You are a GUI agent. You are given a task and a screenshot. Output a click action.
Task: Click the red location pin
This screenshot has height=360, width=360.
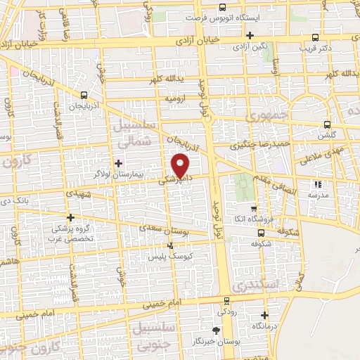(x=181, y=165)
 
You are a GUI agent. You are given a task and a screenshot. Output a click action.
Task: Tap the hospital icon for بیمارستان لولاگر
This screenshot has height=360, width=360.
(x=117, y=163)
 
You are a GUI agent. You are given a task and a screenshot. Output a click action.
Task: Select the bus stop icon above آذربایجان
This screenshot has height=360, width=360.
(x=84, y=95)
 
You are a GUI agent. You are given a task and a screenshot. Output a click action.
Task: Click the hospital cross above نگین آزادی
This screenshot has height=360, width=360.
(x=250, y=34)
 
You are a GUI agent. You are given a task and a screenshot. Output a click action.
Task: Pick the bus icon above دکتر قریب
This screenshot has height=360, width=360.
(x=315, y=37)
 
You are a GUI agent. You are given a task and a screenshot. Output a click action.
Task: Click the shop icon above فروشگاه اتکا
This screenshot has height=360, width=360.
(x=253, y=209)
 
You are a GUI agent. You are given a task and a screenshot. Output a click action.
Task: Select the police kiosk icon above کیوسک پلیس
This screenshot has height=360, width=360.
(x=170, y=245)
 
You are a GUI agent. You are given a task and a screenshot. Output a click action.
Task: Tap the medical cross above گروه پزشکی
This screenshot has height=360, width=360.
(x=70, y=218)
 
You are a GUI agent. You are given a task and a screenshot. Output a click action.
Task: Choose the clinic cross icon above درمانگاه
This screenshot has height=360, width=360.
(x=264, y=315)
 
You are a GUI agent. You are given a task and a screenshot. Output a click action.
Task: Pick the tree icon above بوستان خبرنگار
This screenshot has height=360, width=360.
(x=216, y=330)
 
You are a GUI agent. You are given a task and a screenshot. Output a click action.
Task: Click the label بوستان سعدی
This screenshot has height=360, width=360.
(x=165, y=229)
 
